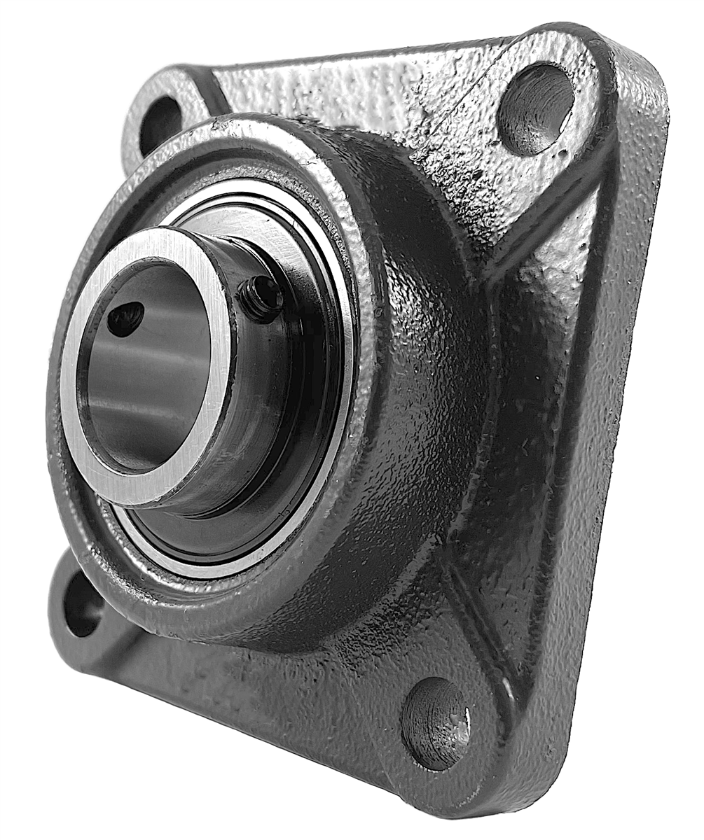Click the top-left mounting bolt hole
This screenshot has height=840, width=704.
[160, 125]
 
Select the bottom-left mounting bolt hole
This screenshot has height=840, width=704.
[83, 603]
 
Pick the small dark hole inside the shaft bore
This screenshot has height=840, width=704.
[126, 318]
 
